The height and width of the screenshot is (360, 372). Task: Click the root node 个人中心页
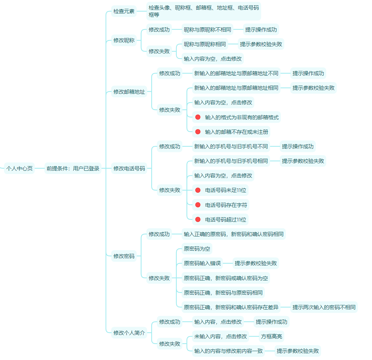pos(20,169)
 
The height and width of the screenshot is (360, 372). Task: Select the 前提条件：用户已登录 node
pos(73,169)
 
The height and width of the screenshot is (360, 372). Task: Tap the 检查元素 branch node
pos(124,11)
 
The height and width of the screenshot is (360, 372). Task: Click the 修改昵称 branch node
pos(124,40)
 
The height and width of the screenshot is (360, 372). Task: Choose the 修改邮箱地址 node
pos(129,92)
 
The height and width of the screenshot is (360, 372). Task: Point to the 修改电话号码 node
pos(129,169)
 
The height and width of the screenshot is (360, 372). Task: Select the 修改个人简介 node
pos(129,333)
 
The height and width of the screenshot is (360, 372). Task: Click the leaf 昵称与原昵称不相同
pos(207,29)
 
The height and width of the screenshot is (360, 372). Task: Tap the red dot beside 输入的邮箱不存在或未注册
pos(198,132)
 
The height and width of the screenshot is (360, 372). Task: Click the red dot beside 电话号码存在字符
pos(198,205)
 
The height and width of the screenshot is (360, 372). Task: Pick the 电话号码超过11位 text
pos(225,220)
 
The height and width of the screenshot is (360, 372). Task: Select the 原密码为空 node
pos(197,249)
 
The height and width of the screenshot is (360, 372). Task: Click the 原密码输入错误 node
pos(202,263)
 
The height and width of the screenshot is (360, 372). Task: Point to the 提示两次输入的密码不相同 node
pos(324,307)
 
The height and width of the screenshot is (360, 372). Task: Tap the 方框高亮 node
pos(272,336)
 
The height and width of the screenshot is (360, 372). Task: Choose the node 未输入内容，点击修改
pos(220,336)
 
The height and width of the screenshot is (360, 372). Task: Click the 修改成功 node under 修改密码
pos(159,234)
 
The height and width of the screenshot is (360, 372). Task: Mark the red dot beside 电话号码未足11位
pos(198,190)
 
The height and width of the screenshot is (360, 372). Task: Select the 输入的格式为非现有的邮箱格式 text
pos(242,118)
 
